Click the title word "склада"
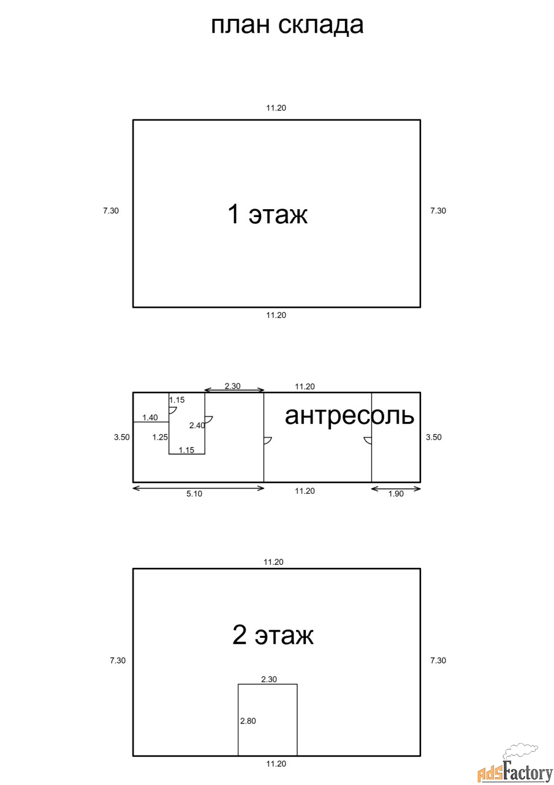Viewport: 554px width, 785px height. pos(321,25)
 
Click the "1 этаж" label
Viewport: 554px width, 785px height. pos(268,214)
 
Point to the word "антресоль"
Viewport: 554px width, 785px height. pos(349,416)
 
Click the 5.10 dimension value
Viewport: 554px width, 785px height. pos(194,494)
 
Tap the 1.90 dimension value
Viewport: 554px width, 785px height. pos(396,494)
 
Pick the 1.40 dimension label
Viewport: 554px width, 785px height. pos(150,418)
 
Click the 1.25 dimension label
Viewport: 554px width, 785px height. pos(160,437)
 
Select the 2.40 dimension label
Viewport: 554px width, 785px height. pos(197,426)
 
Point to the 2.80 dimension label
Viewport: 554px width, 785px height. pos(248,721)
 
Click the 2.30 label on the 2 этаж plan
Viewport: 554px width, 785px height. pos(269,679)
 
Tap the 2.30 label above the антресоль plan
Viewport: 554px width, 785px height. pos(232,386)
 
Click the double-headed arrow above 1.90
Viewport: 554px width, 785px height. pos(396,489)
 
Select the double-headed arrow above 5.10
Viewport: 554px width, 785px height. pos(198,488)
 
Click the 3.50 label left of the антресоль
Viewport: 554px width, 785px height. pos(121,437)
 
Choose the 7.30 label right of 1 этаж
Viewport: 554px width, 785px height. pos(438,210)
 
